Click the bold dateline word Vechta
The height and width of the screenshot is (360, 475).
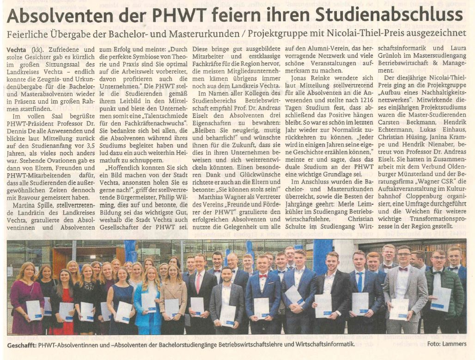pos(17,49)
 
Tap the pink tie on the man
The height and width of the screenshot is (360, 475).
pos(199,282)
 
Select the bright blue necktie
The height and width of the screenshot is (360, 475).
pos(359,281)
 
